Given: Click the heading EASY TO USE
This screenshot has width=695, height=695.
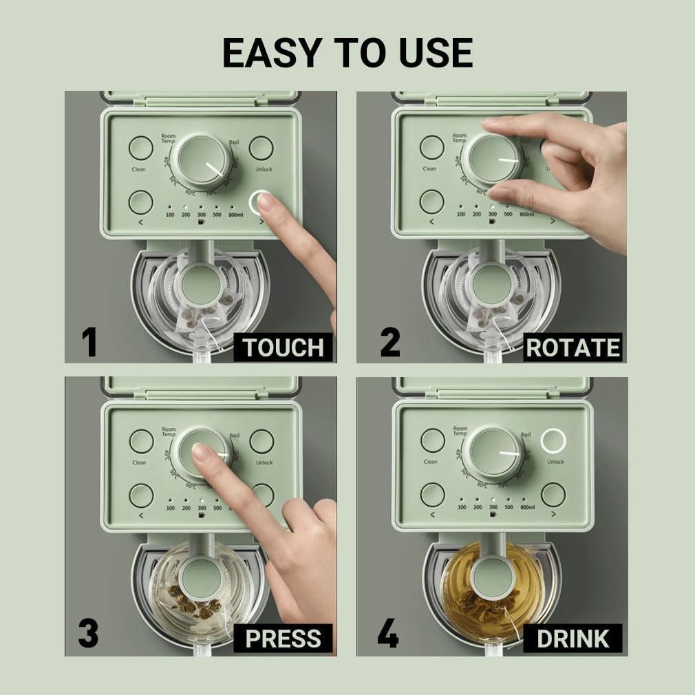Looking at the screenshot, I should [347, 52].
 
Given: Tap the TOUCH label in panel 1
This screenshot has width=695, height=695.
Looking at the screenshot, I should [283, 348].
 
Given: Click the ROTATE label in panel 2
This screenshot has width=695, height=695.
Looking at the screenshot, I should [573, 348].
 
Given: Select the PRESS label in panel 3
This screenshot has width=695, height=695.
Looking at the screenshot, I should [283, 639].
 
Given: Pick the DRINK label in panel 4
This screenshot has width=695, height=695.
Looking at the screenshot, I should [573, 639].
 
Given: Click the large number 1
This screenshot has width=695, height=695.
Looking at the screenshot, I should [89, 343].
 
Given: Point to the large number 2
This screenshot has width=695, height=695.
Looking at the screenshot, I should [389, 343].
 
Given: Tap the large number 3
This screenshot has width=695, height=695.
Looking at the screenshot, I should [89, 634].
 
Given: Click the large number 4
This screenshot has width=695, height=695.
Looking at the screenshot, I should [388, 634].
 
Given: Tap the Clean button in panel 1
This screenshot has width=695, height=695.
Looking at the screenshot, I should [140, 147].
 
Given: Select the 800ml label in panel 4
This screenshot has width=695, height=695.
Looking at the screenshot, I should [528, 508].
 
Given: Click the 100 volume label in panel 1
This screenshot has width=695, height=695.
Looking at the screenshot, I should [170, 215].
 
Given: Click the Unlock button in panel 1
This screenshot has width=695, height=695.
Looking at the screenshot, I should [261, 147].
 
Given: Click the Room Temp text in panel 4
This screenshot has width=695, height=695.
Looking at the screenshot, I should [460, 431].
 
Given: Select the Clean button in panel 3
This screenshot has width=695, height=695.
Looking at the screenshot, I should [141, 441].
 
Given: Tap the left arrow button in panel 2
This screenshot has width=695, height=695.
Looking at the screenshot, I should [432, 202].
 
